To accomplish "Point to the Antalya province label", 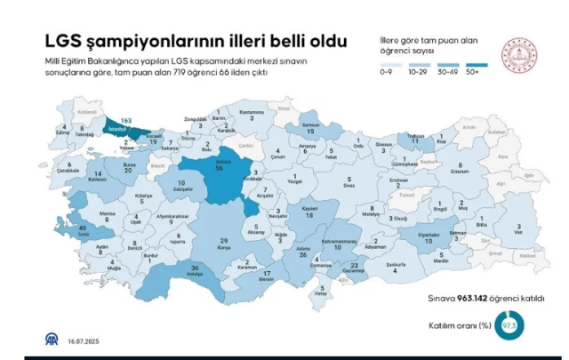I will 194,273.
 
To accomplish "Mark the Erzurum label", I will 461,170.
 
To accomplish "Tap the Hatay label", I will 321,294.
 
